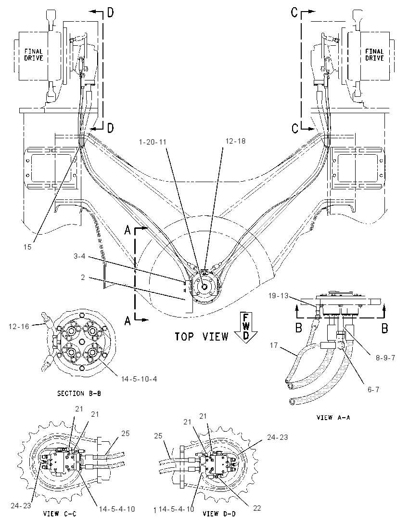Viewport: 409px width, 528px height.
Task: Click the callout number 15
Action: [27, 247]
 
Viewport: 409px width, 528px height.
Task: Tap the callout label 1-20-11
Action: [153, 142]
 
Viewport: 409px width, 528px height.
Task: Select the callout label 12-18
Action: [235, 141]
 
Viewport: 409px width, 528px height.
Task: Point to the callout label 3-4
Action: [79, 257]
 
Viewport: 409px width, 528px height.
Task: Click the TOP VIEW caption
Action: [202, 336]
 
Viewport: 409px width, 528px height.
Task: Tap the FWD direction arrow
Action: [246, 327]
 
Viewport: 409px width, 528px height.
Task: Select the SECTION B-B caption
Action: [79, 393]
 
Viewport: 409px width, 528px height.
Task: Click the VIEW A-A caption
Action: [333, 418]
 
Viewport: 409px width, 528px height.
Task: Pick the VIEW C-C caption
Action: [60, 514]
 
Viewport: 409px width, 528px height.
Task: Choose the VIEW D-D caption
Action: [219, 514]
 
